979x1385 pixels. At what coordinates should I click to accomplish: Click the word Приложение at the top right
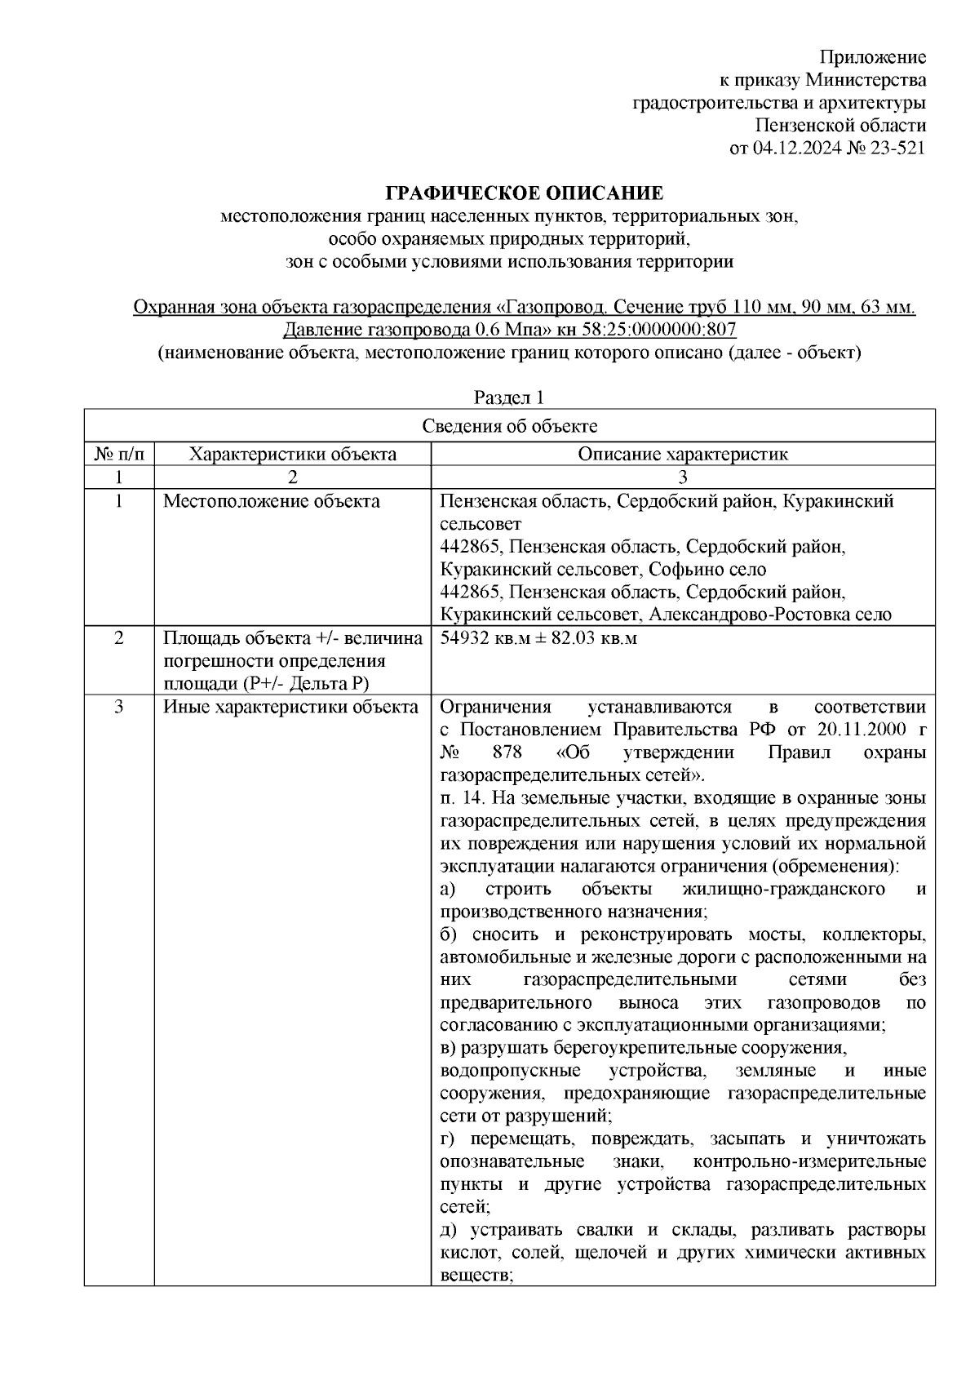click(x=872, y=57)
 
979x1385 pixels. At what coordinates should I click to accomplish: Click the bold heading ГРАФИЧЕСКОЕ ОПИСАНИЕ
click(x=524, y=193)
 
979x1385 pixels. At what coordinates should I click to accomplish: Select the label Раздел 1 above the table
click(x=509, y=397)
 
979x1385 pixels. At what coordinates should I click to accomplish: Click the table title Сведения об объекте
click(x=509, y=426)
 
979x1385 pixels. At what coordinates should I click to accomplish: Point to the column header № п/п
click(x=119, y=455)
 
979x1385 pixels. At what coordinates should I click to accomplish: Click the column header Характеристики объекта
click(x=292, y=455)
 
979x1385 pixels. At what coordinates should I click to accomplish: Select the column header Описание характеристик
click(x=682, y=455)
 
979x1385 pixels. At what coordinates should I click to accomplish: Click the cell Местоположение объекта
click(x=271, y=501)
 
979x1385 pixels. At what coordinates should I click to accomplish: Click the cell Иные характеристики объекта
click(x=290, y=707)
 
